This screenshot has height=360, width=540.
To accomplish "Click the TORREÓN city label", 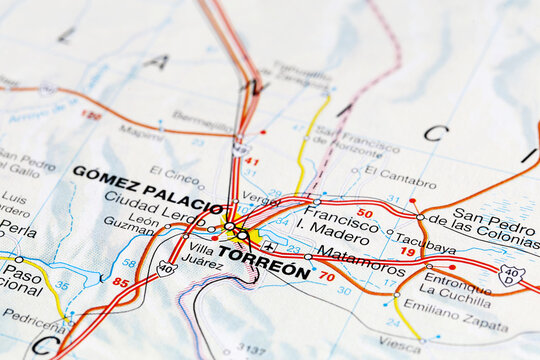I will coord(263,256).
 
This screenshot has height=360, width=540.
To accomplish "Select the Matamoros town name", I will coord(360,263).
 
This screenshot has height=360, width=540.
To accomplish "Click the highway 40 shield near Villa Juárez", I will coord(167,267).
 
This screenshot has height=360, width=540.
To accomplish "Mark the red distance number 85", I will coord(120,282).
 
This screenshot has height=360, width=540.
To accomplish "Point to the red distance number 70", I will coord(326,276).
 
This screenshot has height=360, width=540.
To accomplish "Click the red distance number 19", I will coord(408,252).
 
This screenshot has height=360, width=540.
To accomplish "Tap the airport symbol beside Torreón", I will coord(269,244).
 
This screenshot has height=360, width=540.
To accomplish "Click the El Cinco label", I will coord(174,173).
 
